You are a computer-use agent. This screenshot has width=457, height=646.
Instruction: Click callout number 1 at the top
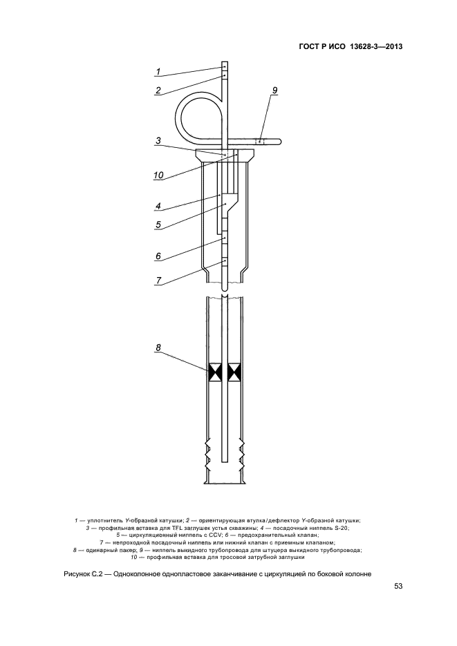point(158,71)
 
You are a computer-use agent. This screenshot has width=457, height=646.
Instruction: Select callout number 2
point(158,91)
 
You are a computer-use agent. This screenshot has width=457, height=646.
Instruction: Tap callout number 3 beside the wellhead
point(158,140)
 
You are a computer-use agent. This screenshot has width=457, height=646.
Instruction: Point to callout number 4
point(158,206)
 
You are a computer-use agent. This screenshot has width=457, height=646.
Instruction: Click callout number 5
point(158,225)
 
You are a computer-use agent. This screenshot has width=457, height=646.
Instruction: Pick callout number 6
point(158,256)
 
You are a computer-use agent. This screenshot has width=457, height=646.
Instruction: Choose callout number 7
point(158,281)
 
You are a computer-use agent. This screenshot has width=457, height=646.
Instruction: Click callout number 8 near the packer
point(158,348)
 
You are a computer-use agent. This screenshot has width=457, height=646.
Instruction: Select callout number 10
point(158,175)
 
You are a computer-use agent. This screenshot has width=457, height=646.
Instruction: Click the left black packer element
point(216,372)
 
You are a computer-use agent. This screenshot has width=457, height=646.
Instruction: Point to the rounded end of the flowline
point(279,142)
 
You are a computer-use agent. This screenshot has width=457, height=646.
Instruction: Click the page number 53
point(398,587)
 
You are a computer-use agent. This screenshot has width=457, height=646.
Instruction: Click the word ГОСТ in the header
point(308,46)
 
